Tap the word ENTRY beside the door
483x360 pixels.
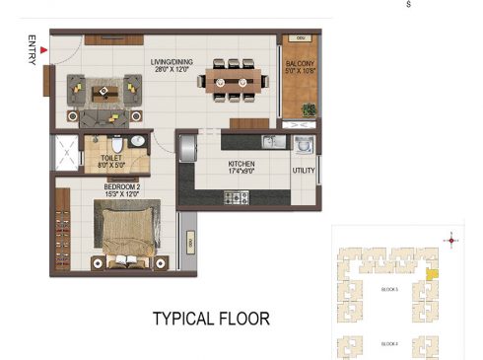pos(33,51)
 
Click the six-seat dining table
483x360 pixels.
pos(233,80)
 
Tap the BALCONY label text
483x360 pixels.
pos(301,65)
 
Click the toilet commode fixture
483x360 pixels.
pos(115,143)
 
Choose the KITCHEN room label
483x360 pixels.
pos(241,164)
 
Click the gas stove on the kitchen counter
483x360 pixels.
pos(236,198)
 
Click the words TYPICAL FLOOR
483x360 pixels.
pos(210,319)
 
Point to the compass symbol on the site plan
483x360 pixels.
pos(451,239)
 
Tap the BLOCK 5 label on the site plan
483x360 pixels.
pos(388,289)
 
